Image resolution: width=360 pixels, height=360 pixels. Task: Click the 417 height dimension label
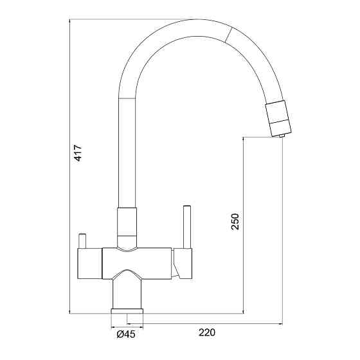[x=78, y=153]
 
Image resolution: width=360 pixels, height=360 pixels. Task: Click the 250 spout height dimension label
[x=235, y=222]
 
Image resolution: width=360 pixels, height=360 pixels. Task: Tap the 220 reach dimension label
[x=207, y=332]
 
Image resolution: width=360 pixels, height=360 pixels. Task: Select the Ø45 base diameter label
[x=126, y=334]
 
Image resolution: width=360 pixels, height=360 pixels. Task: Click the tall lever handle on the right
[x=187, y=227]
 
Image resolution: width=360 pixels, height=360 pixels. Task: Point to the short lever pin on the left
[x=82, y=241]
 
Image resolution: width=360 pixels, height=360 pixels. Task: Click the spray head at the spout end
[x=278, y=118]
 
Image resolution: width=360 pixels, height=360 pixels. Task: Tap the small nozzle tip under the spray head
[x=282, y=136]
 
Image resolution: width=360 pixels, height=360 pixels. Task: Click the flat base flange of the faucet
[x=127, y=311]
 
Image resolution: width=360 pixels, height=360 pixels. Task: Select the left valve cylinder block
[x=89, y=264]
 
